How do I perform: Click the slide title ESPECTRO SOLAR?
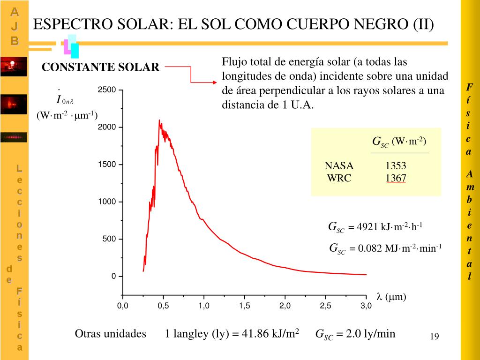[233, 24]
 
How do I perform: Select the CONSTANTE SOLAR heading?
[101, 67]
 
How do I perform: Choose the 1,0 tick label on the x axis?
[203, 306]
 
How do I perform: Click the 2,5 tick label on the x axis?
[325, 306]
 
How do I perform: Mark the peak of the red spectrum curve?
[159, 120]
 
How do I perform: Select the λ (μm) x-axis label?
[391, 297]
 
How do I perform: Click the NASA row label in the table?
[339, 166]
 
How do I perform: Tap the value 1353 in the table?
[396, 166]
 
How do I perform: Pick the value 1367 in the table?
[396, 178]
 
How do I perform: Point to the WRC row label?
[339, 178]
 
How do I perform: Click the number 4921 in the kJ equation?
[367, 227]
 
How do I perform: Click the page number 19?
[434, 337]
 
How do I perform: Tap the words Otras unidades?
[111, 334]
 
